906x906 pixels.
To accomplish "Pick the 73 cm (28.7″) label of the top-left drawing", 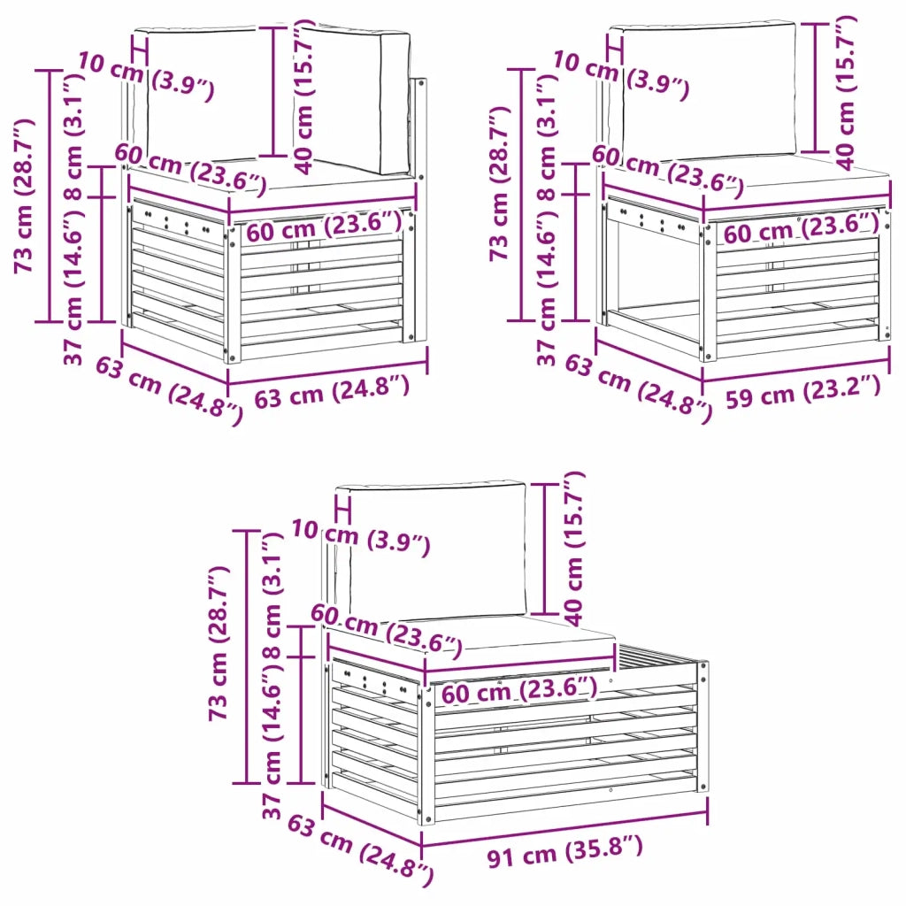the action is coord(26,196).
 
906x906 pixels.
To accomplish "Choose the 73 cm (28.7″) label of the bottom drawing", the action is coord(219,642).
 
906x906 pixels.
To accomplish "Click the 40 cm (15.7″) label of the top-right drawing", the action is coord(846,92).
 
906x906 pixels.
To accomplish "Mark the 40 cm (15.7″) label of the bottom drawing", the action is coord(574,549).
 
